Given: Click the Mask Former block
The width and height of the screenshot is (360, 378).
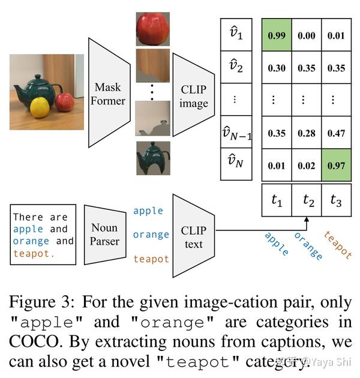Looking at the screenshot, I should pos(109,92).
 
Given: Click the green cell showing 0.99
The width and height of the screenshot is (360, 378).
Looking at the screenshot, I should pos(277,36).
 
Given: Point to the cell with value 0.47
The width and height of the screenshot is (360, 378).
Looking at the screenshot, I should pos(336,133).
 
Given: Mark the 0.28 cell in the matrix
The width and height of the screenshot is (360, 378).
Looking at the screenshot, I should pos(306,133).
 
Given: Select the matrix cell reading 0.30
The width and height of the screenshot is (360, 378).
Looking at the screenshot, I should pos(277,68).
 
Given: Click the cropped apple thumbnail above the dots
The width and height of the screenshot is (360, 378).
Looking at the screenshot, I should pos(152,28).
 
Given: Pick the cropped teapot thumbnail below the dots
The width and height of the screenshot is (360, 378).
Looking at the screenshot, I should pos(152,158).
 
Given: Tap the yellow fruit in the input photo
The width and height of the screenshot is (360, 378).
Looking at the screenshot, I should pos(40,108).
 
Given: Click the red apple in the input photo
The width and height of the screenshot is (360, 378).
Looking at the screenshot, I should pos(65,102).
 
